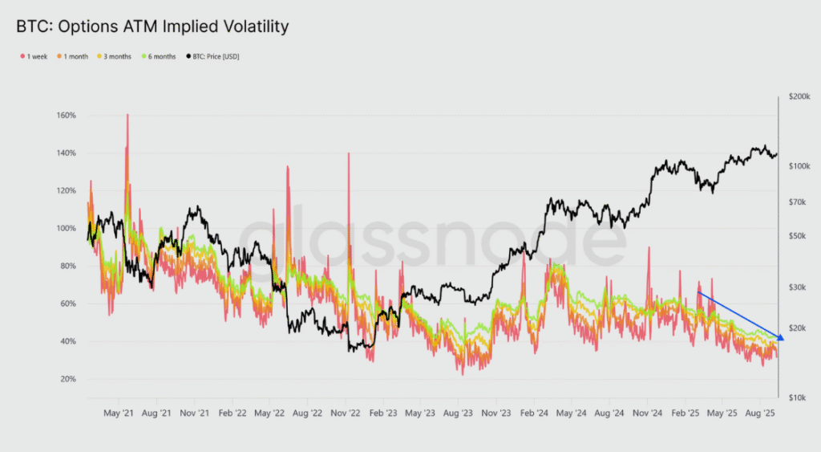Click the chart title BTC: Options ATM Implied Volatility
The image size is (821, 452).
click(152, 26)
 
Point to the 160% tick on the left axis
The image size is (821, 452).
click(66, 116)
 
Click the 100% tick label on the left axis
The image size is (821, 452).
click(66, 228)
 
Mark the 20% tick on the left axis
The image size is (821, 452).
click(67, 379)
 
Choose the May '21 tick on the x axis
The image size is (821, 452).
click(118, 414)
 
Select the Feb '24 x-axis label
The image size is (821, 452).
click(534, 414)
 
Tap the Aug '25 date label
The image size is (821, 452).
click(759, 414)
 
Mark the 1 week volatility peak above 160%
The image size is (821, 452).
click(127, 115)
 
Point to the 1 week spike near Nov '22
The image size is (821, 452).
click(349, 153)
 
